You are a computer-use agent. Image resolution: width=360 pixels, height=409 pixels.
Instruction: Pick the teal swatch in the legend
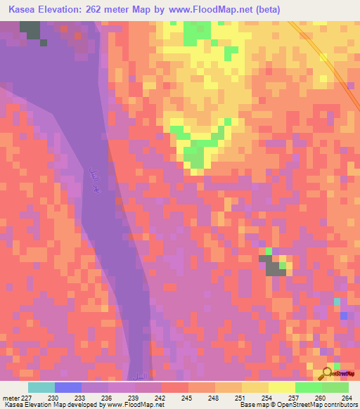click(x=41, y=387)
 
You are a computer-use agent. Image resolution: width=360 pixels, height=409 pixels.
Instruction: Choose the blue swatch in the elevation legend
click(x=67, y=387)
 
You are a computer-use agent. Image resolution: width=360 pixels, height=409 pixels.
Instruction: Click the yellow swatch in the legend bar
click(x=281, y=387)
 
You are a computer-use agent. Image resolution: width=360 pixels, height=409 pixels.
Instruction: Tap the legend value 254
click(x=269, y=397)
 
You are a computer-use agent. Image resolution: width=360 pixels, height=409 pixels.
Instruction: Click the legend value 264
click(x=348, y=397)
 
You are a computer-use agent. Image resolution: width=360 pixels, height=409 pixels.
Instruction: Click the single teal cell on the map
click(x=337, y=301)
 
